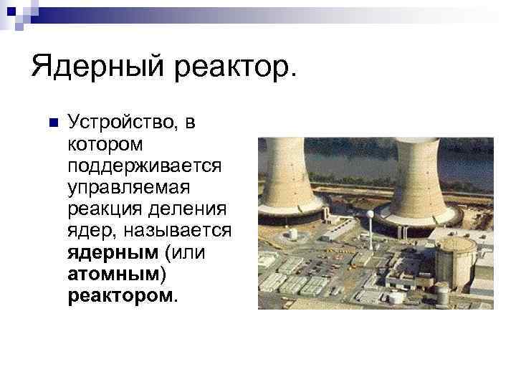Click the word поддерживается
(145, 166)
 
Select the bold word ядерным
(112, 252)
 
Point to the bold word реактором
(119, 295)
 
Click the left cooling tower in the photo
(287, 176)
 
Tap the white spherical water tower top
(370, 214)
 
